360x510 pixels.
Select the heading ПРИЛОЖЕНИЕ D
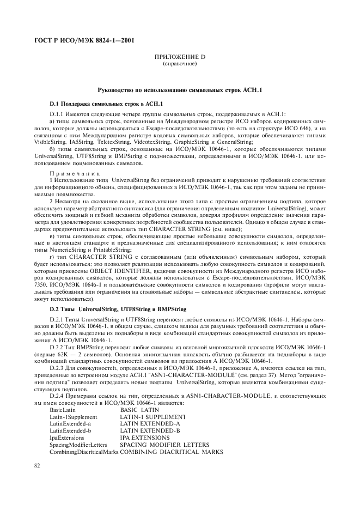tap(180, 57)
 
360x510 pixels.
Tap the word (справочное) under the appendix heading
tap(180, 64)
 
